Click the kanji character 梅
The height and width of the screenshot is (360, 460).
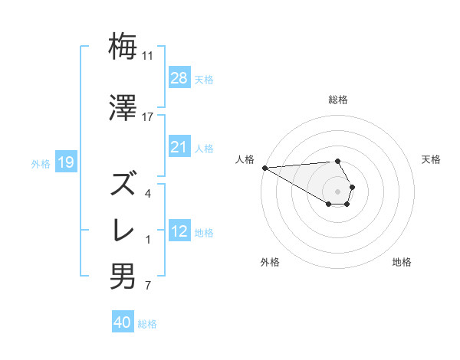point(123,47)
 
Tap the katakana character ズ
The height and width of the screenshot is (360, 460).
point(123,184)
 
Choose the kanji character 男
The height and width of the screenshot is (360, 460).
point(123,276)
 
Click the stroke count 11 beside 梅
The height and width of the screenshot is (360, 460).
point(148,56)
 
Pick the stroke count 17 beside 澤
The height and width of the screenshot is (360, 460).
point(148,117)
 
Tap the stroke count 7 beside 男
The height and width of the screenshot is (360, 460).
point(147,286)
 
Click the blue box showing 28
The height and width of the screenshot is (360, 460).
point(179,78)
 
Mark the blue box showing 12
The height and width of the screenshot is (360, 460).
point(179,231)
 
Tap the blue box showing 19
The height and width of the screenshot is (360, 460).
point(65,162)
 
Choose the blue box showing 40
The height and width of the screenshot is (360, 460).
point(122,323)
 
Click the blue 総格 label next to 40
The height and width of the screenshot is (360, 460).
point(147,324)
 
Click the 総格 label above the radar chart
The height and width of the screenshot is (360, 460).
point(338,100)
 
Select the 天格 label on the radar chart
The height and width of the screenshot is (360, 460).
point(431,159)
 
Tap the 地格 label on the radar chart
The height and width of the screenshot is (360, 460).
point(402,262)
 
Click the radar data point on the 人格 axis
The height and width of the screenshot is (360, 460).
point(264,167)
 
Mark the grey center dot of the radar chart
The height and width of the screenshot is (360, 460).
point(338,190)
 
